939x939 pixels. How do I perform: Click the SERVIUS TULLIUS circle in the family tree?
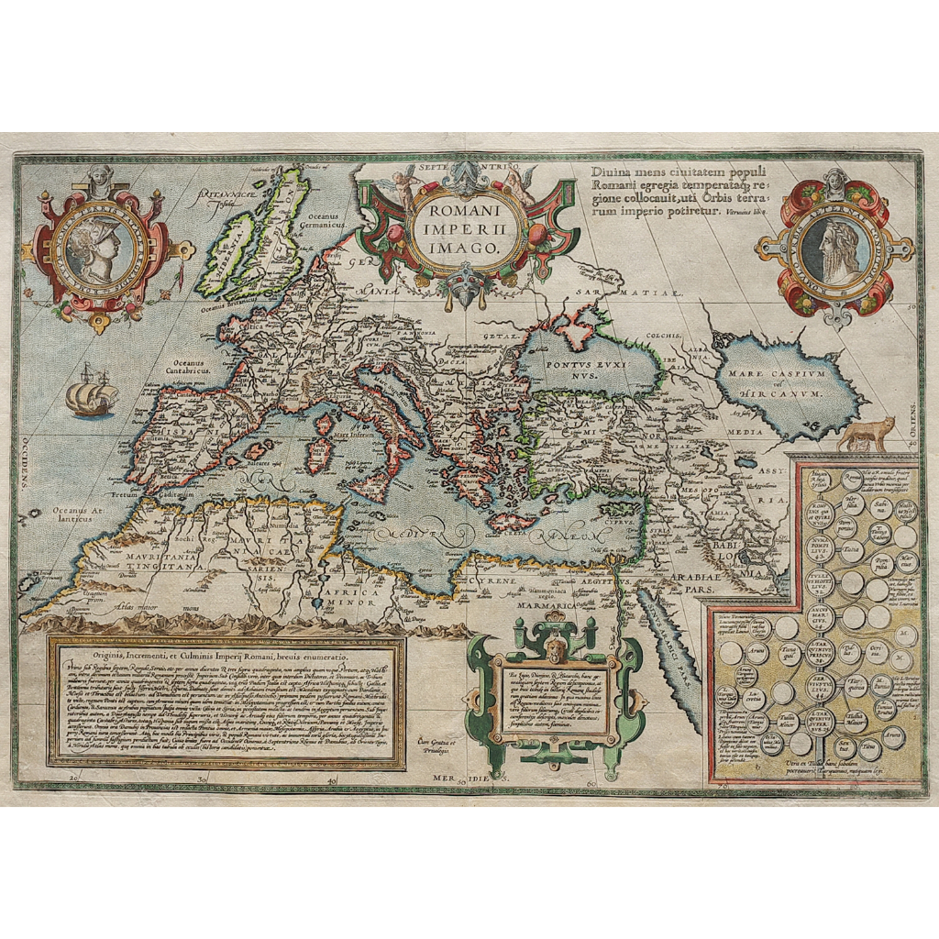click(x=821, y=683)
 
